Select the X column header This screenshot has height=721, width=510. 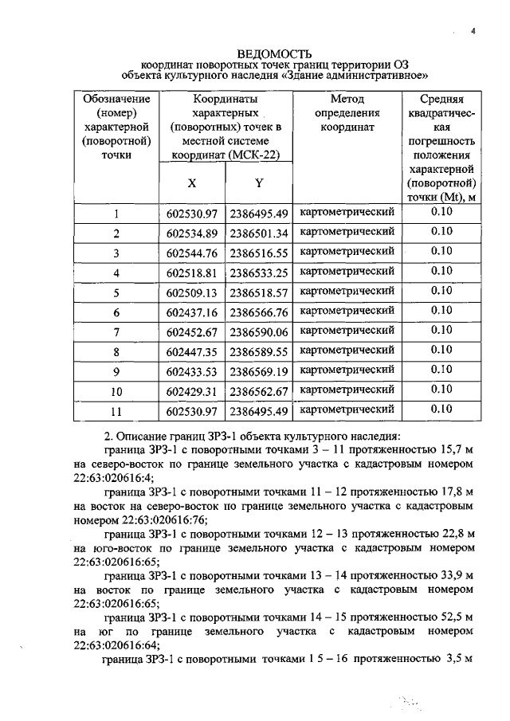pos(191,182)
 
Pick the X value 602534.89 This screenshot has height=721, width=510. pos(192,233)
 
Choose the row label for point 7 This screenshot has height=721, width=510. pos(116,331)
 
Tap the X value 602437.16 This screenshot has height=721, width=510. pos(192,312)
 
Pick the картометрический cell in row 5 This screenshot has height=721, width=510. pos(347,291)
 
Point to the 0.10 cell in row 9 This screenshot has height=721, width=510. pos(441,370)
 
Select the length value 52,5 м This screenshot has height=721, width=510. pos(448,617)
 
